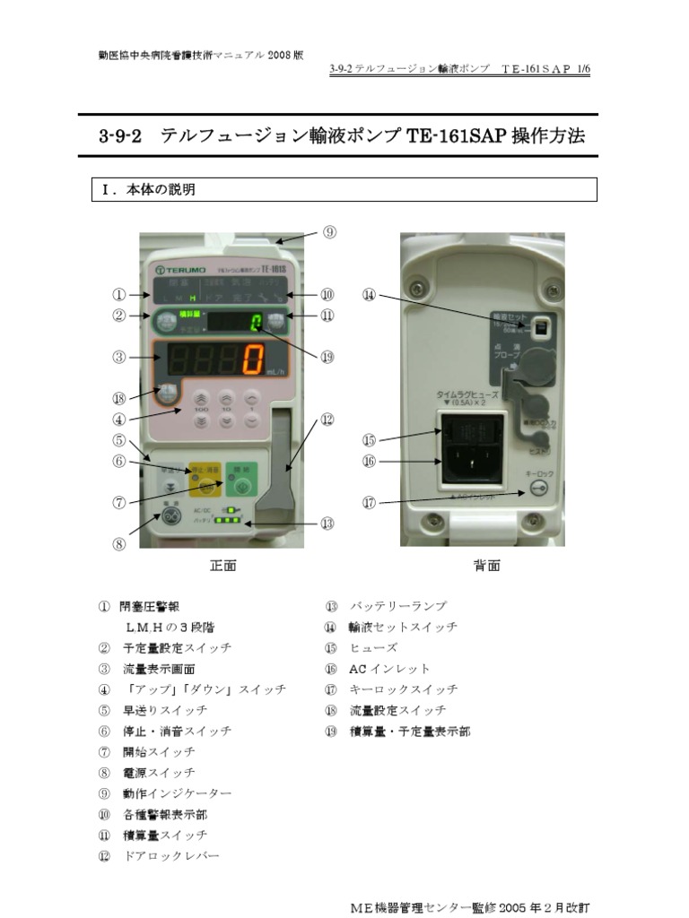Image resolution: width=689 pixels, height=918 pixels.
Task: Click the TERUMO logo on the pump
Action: pyautogui.click(x=182, y=269)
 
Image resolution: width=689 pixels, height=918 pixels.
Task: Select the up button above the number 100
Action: pyautogui.click(x=201, y=397)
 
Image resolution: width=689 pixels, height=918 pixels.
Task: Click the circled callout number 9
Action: pyautogui.click(x=329, y=232)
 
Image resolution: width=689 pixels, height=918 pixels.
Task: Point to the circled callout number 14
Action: pyautogui.click(x=370, y=294)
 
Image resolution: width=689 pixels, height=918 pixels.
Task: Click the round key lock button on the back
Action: pyautogui.click(x=537, y=488)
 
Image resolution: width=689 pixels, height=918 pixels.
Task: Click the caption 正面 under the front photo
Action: pyautogui.click(x=222, y=566)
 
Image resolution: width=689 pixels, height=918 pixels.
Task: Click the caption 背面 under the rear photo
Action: pyautogui.click(x=486, y=566)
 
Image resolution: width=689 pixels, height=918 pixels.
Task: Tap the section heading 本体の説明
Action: pyautogui.click(x=161, y=190)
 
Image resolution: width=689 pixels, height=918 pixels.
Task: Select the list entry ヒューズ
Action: pyautogui.click(x=373, y=648)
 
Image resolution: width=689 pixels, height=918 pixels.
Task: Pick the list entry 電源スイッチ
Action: pyautogui.click(x=159, y=773)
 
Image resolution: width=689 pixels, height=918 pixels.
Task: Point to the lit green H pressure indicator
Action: pyautogui.click(x=192, y=297)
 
